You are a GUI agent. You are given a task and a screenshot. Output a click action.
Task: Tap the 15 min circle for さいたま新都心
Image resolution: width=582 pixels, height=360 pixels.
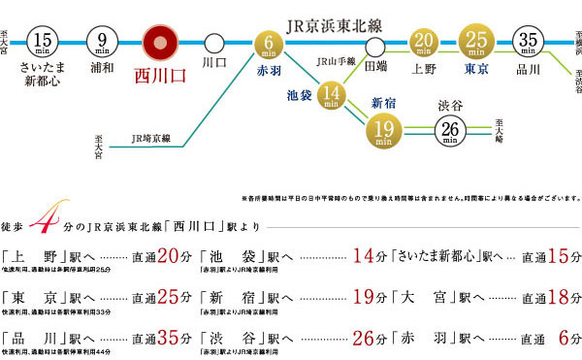click(48, 43)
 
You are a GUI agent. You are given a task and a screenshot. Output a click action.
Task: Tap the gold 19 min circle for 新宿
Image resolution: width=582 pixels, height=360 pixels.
click(383, 126)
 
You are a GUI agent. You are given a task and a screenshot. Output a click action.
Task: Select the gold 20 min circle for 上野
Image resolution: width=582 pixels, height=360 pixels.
click(423, 42)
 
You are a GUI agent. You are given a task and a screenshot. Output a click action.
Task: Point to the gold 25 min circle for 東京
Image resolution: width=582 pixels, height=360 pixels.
click(476, 42)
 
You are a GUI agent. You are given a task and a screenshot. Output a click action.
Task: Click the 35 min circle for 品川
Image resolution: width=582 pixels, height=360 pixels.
click(529, 43)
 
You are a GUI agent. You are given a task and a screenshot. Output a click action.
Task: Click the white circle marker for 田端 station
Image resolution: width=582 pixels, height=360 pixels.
click(375, 45)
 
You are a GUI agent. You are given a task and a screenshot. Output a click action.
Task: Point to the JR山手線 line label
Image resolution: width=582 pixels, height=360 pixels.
click(333, 62)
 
